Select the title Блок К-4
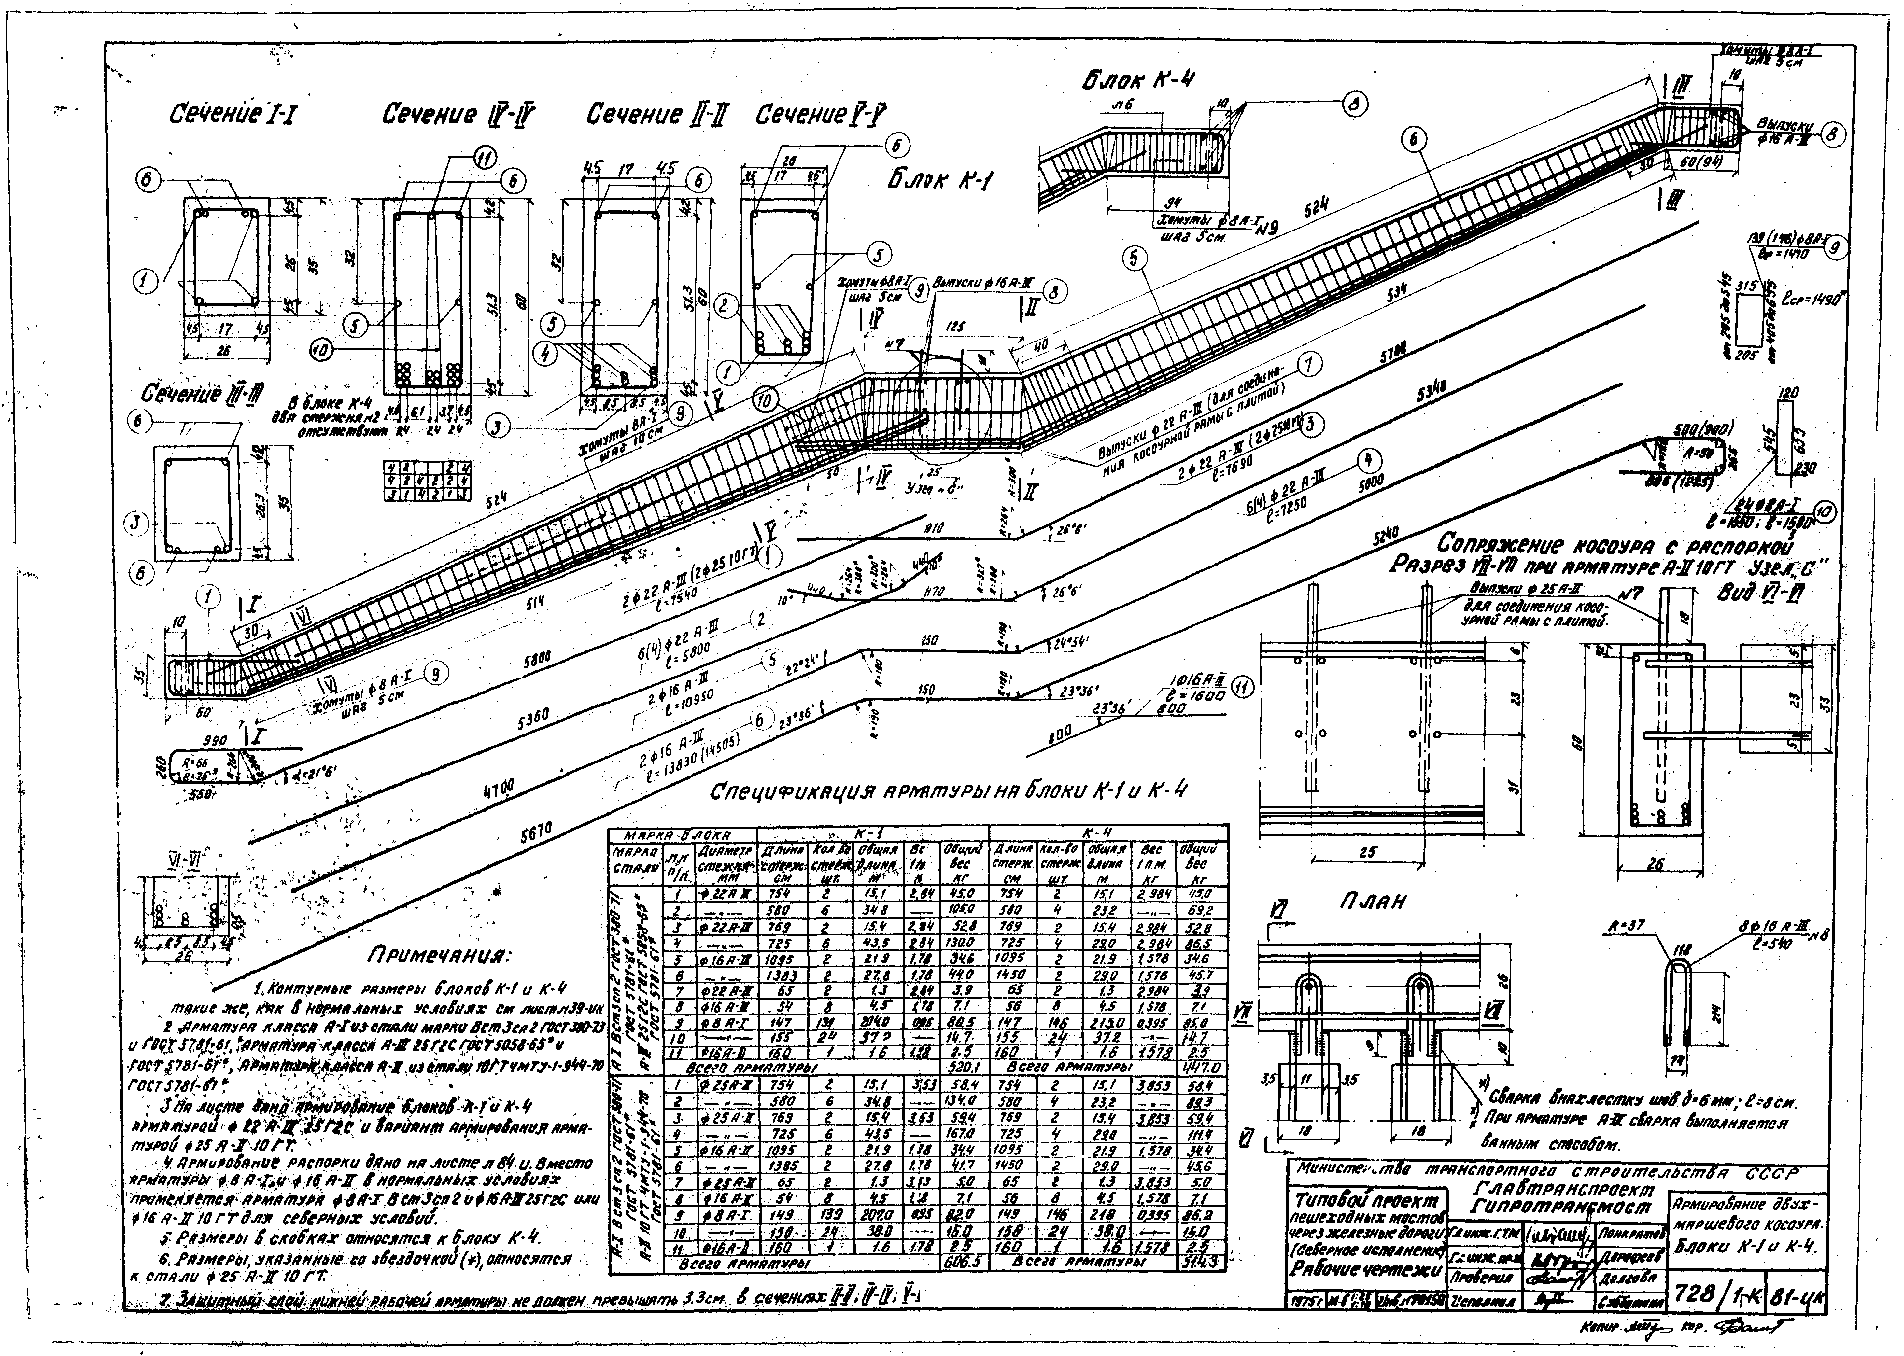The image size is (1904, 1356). click(x=1137, y=79)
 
